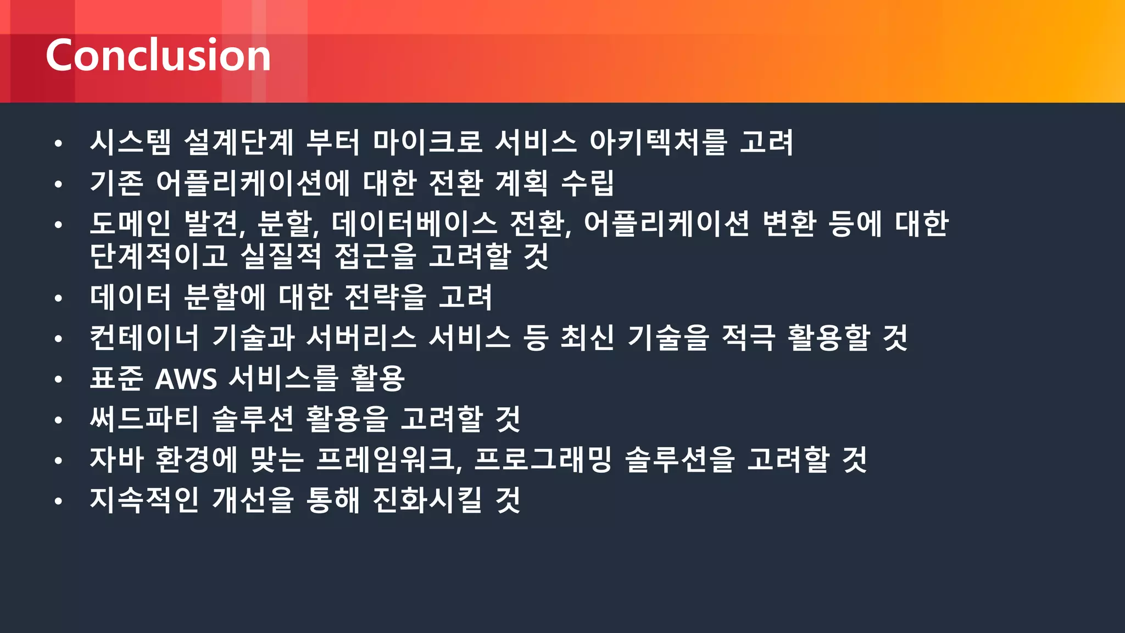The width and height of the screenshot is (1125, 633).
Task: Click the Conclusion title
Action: [x=158, y=55]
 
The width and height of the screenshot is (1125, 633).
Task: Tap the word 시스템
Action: [x=131, y=142]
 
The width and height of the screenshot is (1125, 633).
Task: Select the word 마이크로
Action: [x=427, y=142]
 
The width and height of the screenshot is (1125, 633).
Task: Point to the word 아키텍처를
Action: [x=658, y=142]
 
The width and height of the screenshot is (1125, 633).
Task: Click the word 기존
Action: [x=116, y=182]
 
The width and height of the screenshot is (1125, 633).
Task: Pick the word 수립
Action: [x=587, y=182]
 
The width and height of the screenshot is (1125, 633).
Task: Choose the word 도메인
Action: [x=131, y=223]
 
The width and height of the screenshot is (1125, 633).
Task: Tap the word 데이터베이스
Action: [x=414, y=223]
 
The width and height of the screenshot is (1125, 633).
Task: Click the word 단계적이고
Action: [x=159, y=256]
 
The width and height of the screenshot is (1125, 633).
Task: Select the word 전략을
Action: [x=385, y=297]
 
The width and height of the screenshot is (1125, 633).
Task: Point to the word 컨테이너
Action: [x=144, y=337]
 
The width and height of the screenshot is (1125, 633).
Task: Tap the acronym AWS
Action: [x=186, y=379]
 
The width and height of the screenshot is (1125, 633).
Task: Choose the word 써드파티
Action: [x=144, y=419]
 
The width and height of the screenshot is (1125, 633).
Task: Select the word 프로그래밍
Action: [x=543, y=459]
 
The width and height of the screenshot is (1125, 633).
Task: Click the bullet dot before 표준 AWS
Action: [x=58, y=379]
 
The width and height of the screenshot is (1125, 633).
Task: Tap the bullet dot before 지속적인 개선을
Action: [x=58, y=501]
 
